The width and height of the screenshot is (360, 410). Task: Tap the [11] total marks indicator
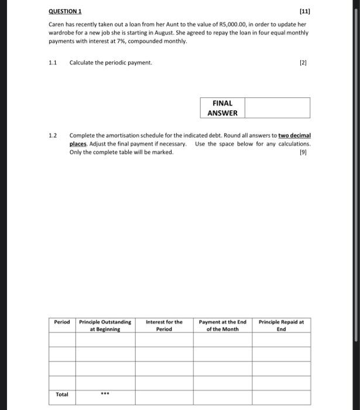click(x=304, y=11)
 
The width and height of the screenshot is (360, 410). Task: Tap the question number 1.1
click(x=53, y=62)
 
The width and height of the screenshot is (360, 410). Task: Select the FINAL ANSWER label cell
click(x=222, y=108)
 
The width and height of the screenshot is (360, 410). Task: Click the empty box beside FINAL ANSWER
click(x=277, y=108)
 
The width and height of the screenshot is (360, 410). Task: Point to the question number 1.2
click(x=53, y=135)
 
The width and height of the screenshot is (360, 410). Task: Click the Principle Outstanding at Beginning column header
click(x=105, y=325)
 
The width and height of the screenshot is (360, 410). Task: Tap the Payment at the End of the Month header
click(x=222, y=325)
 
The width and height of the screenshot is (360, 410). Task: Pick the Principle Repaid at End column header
click(x=281, y=325)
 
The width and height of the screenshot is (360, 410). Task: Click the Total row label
click(x=62, y=394)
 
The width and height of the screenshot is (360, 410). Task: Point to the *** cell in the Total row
click(x=105, y=394)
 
